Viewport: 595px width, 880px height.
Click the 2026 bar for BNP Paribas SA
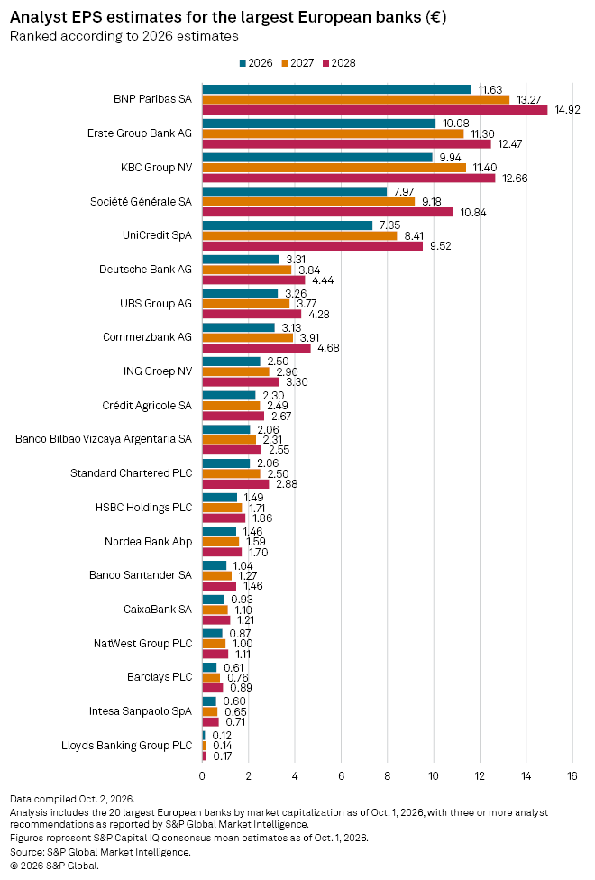337,89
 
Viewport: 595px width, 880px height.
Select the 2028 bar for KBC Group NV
349,178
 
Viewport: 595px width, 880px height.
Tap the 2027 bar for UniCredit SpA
299,235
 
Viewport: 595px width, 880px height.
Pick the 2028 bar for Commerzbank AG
257,348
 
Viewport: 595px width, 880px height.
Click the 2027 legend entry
297,63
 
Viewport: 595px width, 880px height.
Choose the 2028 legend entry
339,63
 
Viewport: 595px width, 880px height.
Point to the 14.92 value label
567,110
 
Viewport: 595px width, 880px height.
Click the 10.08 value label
456,123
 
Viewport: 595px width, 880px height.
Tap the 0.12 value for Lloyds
223,735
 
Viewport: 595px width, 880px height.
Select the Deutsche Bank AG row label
145,270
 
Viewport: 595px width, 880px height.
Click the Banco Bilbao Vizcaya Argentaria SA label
104,439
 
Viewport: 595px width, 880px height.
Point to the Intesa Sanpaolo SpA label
141,711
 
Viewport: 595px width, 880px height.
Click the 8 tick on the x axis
388,776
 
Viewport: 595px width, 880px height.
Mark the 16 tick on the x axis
572,776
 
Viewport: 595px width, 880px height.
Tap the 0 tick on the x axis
202,776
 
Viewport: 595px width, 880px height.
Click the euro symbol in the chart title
435,17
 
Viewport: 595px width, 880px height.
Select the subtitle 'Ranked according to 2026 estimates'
124,36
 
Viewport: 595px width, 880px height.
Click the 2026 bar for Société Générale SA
295,191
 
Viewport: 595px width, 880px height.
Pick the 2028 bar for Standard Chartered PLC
236,484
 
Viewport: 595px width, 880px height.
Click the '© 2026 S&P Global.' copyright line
54,866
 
